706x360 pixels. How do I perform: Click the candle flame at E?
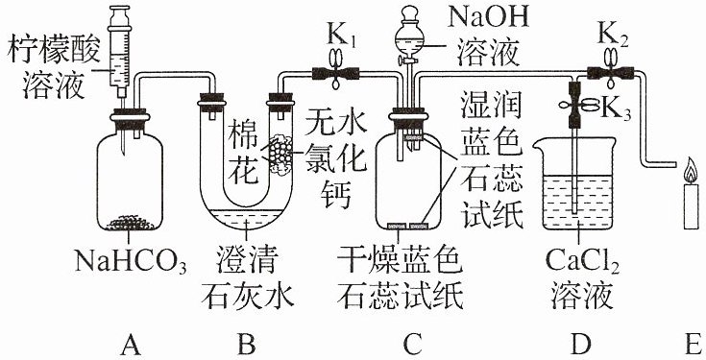(692, 170)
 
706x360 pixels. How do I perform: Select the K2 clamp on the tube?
(611, 70)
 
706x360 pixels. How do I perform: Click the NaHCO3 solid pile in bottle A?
(130, 223)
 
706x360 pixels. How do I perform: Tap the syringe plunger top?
(120, 9)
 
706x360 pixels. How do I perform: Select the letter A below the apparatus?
(130, 345)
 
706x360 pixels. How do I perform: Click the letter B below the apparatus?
(247, 345)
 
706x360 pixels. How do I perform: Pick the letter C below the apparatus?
(412, 345)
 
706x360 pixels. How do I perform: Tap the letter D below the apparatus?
(580, 345)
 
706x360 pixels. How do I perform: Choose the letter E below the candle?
(694, 345)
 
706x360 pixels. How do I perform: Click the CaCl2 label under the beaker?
(582, 261)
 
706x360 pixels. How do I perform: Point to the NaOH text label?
(488, 19)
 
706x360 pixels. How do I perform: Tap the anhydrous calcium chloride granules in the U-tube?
(280, 153)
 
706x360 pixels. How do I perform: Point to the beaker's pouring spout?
(538, 144)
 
